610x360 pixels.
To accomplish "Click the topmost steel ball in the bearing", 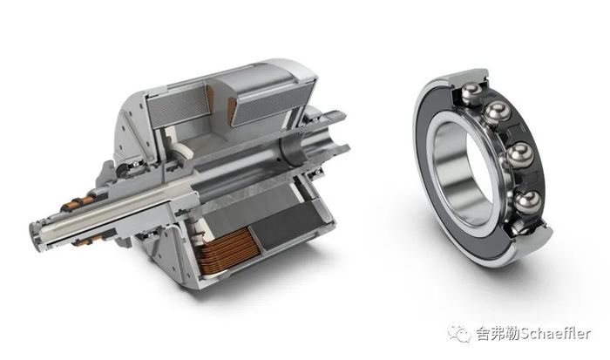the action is pyautogui.click(x=471, y=93).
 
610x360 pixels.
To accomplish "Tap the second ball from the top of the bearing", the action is pyautogui.click(x=498, y=112).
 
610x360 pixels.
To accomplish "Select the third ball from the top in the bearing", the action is pyautogui.click(x=520, y=155).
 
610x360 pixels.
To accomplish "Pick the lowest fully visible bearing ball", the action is pyautogui.click(x=527, y=202).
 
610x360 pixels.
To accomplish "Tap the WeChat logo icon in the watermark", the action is pyautogui.click(x=458, y=334).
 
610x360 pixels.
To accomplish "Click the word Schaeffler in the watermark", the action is pyautogui.click(x=556, y=334).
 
